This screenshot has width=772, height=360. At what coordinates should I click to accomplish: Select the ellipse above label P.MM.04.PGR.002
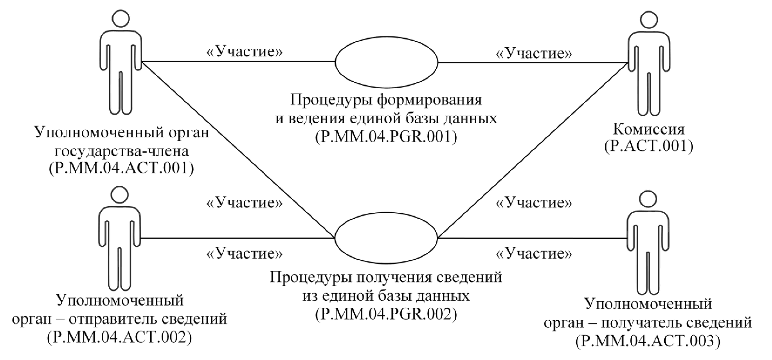point(386,238)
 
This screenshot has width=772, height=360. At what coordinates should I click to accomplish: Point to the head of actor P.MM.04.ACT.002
point(119,194)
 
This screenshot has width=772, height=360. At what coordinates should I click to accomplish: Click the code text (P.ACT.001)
point(648,146)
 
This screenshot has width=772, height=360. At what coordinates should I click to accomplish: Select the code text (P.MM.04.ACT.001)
point(121,168)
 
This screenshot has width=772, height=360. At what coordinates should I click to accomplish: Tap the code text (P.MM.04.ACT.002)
point(119,337)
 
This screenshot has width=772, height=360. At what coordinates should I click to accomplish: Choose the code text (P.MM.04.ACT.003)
point(648,341)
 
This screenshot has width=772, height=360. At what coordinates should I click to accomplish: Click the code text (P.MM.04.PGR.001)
point(386,137)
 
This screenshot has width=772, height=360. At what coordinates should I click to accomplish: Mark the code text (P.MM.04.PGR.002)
point(386,314)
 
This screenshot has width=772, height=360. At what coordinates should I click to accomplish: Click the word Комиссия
point(648,129)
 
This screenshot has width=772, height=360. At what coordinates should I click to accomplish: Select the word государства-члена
point(122,151)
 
